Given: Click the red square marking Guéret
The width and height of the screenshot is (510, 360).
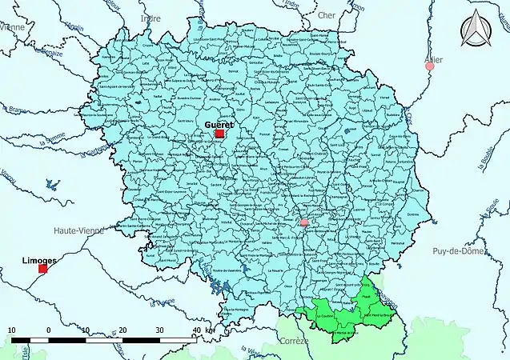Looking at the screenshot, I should coord(220,134).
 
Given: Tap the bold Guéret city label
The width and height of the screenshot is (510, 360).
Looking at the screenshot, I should coord(219,125).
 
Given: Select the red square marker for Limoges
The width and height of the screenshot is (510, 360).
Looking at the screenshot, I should coord(43,269).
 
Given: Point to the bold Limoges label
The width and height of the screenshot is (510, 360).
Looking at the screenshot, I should coord(41,260).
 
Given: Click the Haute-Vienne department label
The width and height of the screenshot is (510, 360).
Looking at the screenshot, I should coord(78,230).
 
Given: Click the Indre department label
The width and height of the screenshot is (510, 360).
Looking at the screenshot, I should coord(150,18).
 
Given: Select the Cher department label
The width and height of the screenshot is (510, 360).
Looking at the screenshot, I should coord(326,15).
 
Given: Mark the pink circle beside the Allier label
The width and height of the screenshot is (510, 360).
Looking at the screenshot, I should coord(430,66).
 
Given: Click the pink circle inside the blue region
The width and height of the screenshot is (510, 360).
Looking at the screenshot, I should coord(303,223).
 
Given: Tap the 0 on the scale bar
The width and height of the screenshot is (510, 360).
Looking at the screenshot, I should coord(49,330).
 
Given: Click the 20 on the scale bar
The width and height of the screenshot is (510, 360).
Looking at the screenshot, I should coord(122,330).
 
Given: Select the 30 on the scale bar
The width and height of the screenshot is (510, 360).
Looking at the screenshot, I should coord(159,330).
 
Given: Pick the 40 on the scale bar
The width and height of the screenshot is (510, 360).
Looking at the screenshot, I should coord(195,330).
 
